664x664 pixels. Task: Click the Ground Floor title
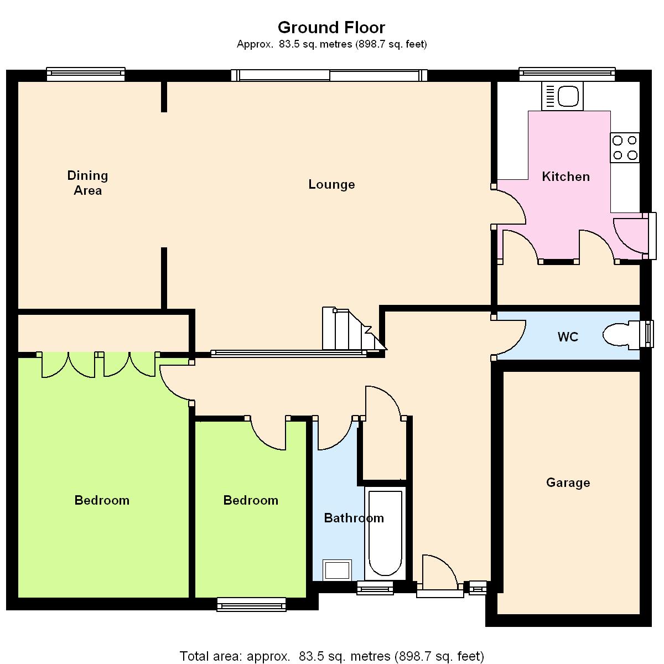331,28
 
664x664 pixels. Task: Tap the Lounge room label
331,184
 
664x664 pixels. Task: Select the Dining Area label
87,183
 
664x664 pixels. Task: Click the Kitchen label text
566,177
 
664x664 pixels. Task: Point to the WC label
568,336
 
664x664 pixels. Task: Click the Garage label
568,483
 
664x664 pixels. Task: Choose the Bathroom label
354,518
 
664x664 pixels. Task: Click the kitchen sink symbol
562,96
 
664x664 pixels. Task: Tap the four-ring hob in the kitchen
625,148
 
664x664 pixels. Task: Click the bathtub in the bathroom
385,533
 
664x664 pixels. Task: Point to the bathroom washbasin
337,569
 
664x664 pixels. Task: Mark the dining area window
86,74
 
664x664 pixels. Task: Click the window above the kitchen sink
567,74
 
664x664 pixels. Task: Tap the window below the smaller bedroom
252,604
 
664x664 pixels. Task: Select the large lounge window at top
329,75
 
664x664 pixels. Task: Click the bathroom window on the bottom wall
375,588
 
